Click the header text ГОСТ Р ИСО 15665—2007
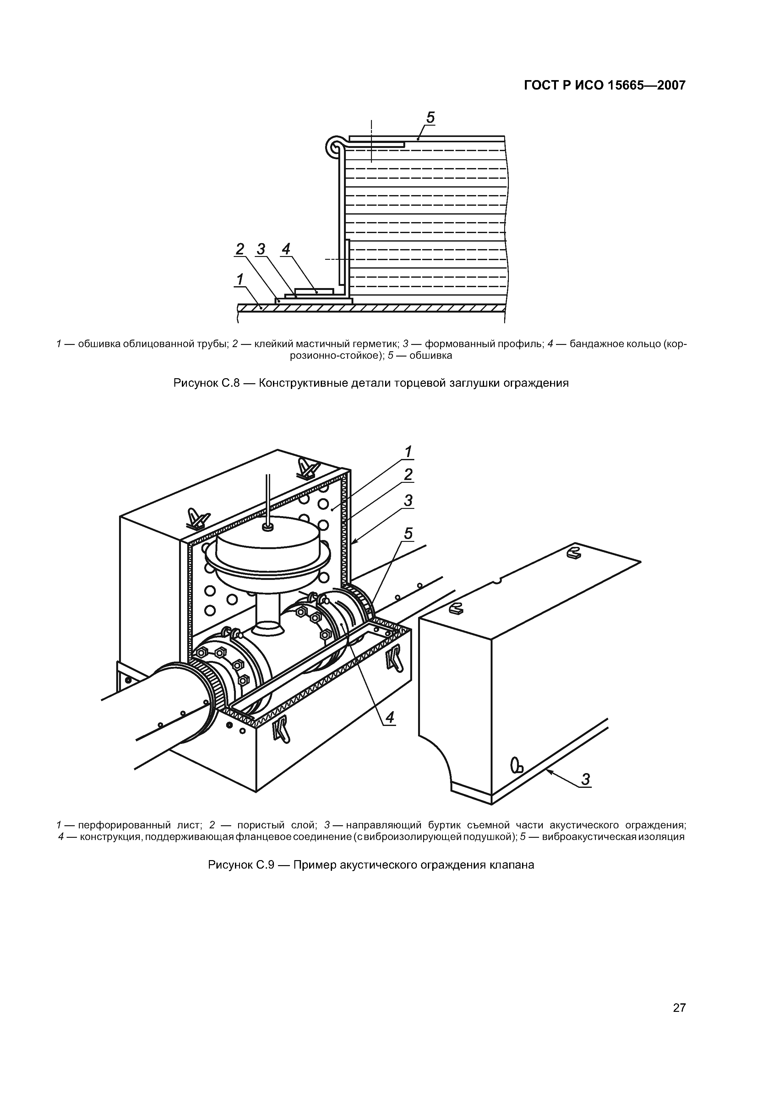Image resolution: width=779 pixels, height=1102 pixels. [604, 86]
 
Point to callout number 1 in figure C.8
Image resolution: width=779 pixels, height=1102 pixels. [239, 279]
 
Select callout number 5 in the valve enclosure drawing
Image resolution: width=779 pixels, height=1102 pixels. [408, 534]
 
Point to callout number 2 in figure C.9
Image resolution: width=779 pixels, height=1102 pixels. [408, 475]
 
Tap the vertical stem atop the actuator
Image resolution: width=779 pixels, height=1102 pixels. [268, 499]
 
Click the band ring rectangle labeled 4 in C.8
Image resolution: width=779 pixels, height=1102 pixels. [314, 291]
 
